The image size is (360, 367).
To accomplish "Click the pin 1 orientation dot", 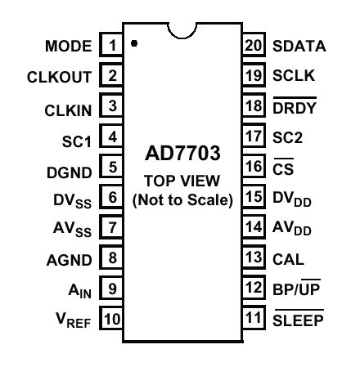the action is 134,43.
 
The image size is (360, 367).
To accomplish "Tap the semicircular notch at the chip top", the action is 182,36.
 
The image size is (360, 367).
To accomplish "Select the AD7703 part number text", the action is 182,153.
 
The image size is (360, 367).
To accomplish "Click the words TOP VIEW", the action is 182,181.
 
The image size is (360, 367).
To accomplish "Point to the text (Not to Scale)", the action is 182,200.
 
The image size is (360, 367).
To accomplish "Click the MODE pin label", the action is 69,46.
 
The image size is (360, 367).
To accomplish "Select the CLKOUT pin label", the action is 59,77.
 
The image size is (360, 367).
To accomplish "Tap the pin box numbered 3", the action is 111,105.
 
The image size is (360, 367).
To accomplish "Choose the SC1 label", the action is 77,141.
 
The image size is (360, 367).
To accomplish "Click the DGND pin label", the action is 70,172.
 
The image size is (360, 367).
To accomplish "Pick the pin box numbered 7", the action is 111,227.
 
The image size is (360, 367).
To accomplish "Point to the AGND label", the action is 70,260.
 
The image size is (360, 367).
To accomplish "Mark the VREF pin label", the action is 74,320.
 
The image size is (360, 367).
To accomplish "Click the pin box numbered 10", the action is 111,318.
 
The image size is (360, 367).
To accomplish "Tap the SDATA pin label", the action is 299,46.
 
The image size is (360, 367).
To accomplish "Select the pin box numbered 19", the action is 254,75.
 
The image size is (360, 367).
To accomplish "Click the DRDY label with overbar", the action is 295,105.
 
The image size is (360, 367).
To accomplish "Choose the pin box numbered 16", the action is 254,166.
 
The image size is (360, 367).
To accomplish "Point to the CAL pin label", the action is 288,259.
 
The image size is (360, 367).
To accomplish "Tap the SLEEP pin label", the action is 299,318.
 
